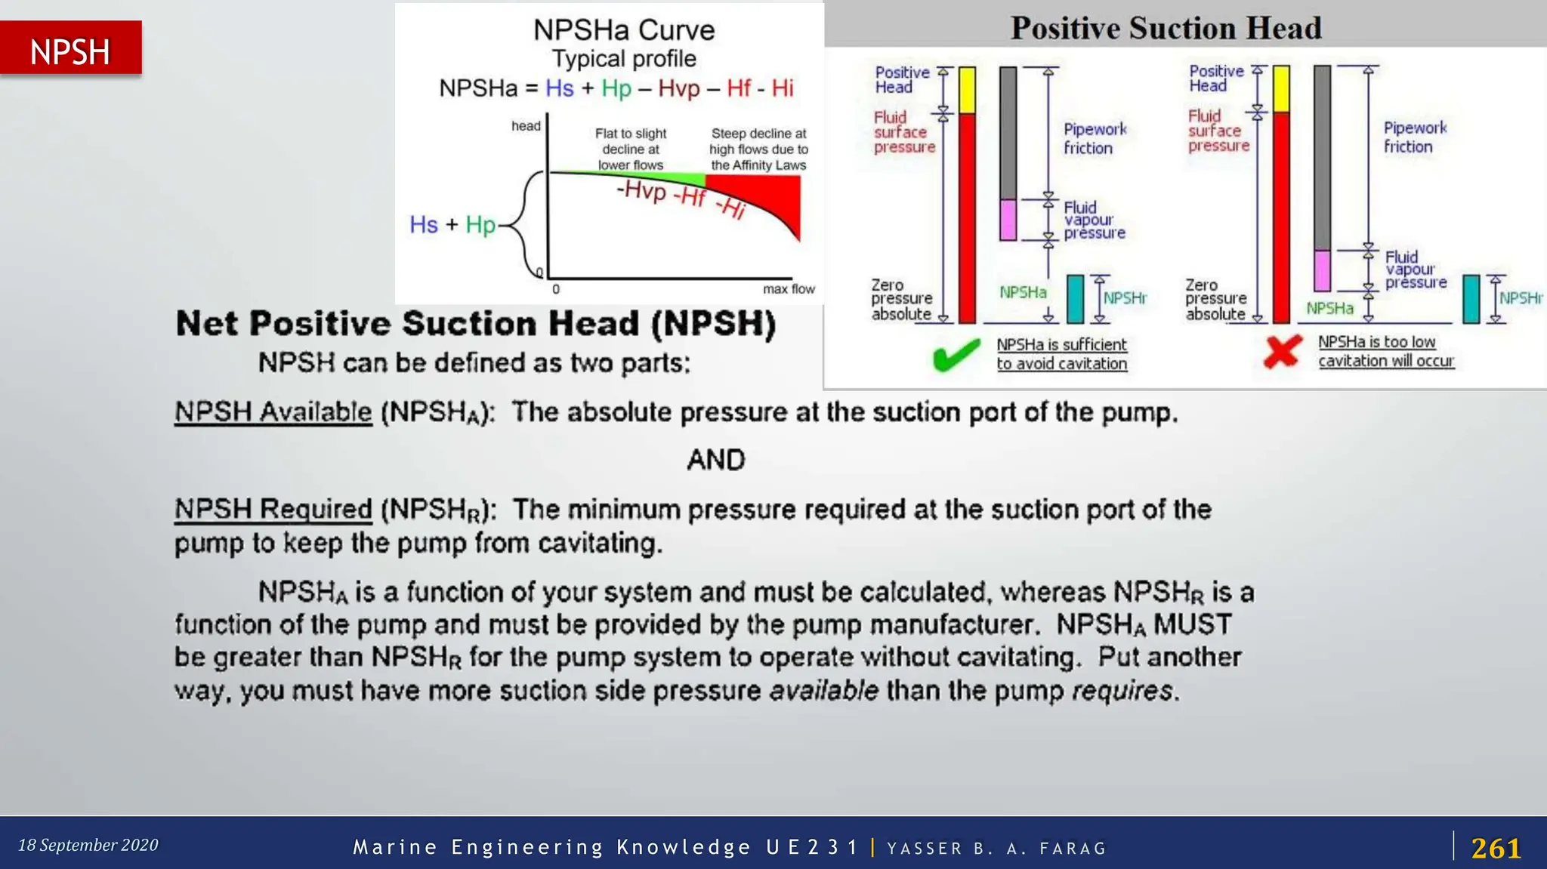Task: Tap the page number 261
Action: click(x=1496, y=848)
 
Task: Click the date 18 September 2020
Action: click(x=88, y=845)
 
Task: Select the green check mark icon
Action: click(x=956, y=354)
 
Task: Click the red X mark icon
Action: click(x=1283, y=351)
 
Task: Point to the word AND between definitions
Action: click(x=715, y=460)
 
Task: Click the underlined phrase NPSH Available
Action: click(x=273, y=412)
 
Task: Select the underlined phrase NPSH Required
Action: click(x=273, y=510)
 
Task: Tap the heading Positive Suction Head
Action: click(x=1166, y=28)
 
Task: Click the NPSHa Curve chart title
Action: click(x=623, y=30)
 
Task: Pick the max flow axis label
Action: click(x=788, y=289)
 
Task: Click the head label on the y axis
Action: click(x=526, y=126)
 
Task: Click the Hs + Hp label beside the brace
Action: click(x=452, y=225)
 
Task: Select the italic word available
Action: click(x=823, y=691)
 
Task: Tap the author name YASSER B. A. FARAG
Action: click(x=996, y=849)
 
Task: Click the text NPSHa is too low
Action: click(x=1376, y=342)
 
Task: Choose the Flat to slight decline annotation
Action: click(x=630, y=149)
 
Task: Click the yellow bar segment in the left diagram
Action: click(x=967, y=89)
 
